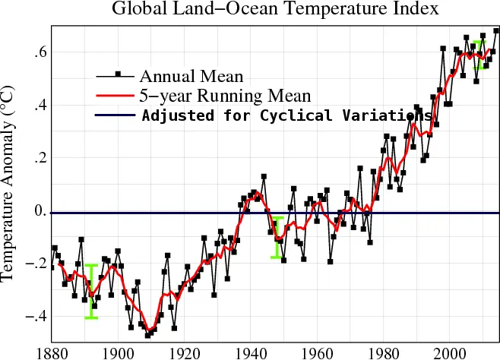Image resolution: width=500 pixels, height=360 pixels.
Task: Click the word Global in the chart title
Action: (x=139, y=8)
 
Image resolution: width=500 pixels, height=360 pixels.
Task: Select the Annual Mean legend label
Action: (x=191, y=76)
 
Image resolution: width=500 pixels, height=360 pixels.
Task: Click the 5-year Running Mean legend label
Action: (x=225, y=96)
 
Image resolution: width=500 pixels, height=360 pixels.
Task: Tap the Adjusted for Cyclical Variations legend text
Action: (x=286, y=115)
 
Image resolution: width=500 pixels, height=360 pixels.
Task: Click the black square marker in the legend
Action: (x=118, y=74)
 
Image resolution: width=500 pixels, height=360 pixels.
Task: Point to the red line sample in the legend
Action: (x=115, y=95)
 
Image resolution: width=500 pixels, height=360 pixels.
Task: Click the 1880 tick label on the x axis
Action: (x=52, y=354)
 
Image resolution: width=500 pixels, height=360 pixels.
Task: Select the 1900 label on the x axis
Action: (x=119, y=354)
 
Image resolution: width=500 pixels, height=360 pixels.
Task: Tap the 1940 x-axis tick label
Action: (x=251, y=354)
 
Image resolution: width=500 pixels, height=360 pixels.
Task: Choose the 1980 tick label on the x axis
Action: (x=383, y=354)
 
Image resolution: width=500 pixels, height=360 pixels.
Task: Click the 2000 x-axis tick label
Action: (x=449, y=354)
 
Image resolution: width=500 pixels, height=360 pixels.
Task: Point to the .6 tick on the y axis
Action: (x=40, y=52)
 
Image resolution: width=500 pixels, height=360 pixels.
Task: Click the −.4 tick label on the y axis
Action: (x=36, y=317)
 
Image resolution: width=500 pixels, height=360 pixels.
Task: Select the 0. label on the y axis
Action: (x=41, y=210)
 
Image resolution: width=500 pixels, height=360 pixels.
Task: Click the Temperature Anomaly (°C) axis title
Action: (x=7, y=183)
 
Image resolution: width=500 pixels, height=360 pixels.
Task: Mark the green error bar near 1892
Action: (x=91, y=291)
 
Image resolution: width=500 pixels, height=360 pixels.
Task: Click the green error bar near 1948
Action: (x=277, y=238)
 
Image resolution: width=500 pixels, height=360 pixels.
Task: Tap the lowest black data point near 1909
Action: (x=147, y=336)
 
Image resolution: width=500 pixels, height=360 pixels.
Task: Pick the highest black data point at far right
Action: (x=496, y=30)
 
